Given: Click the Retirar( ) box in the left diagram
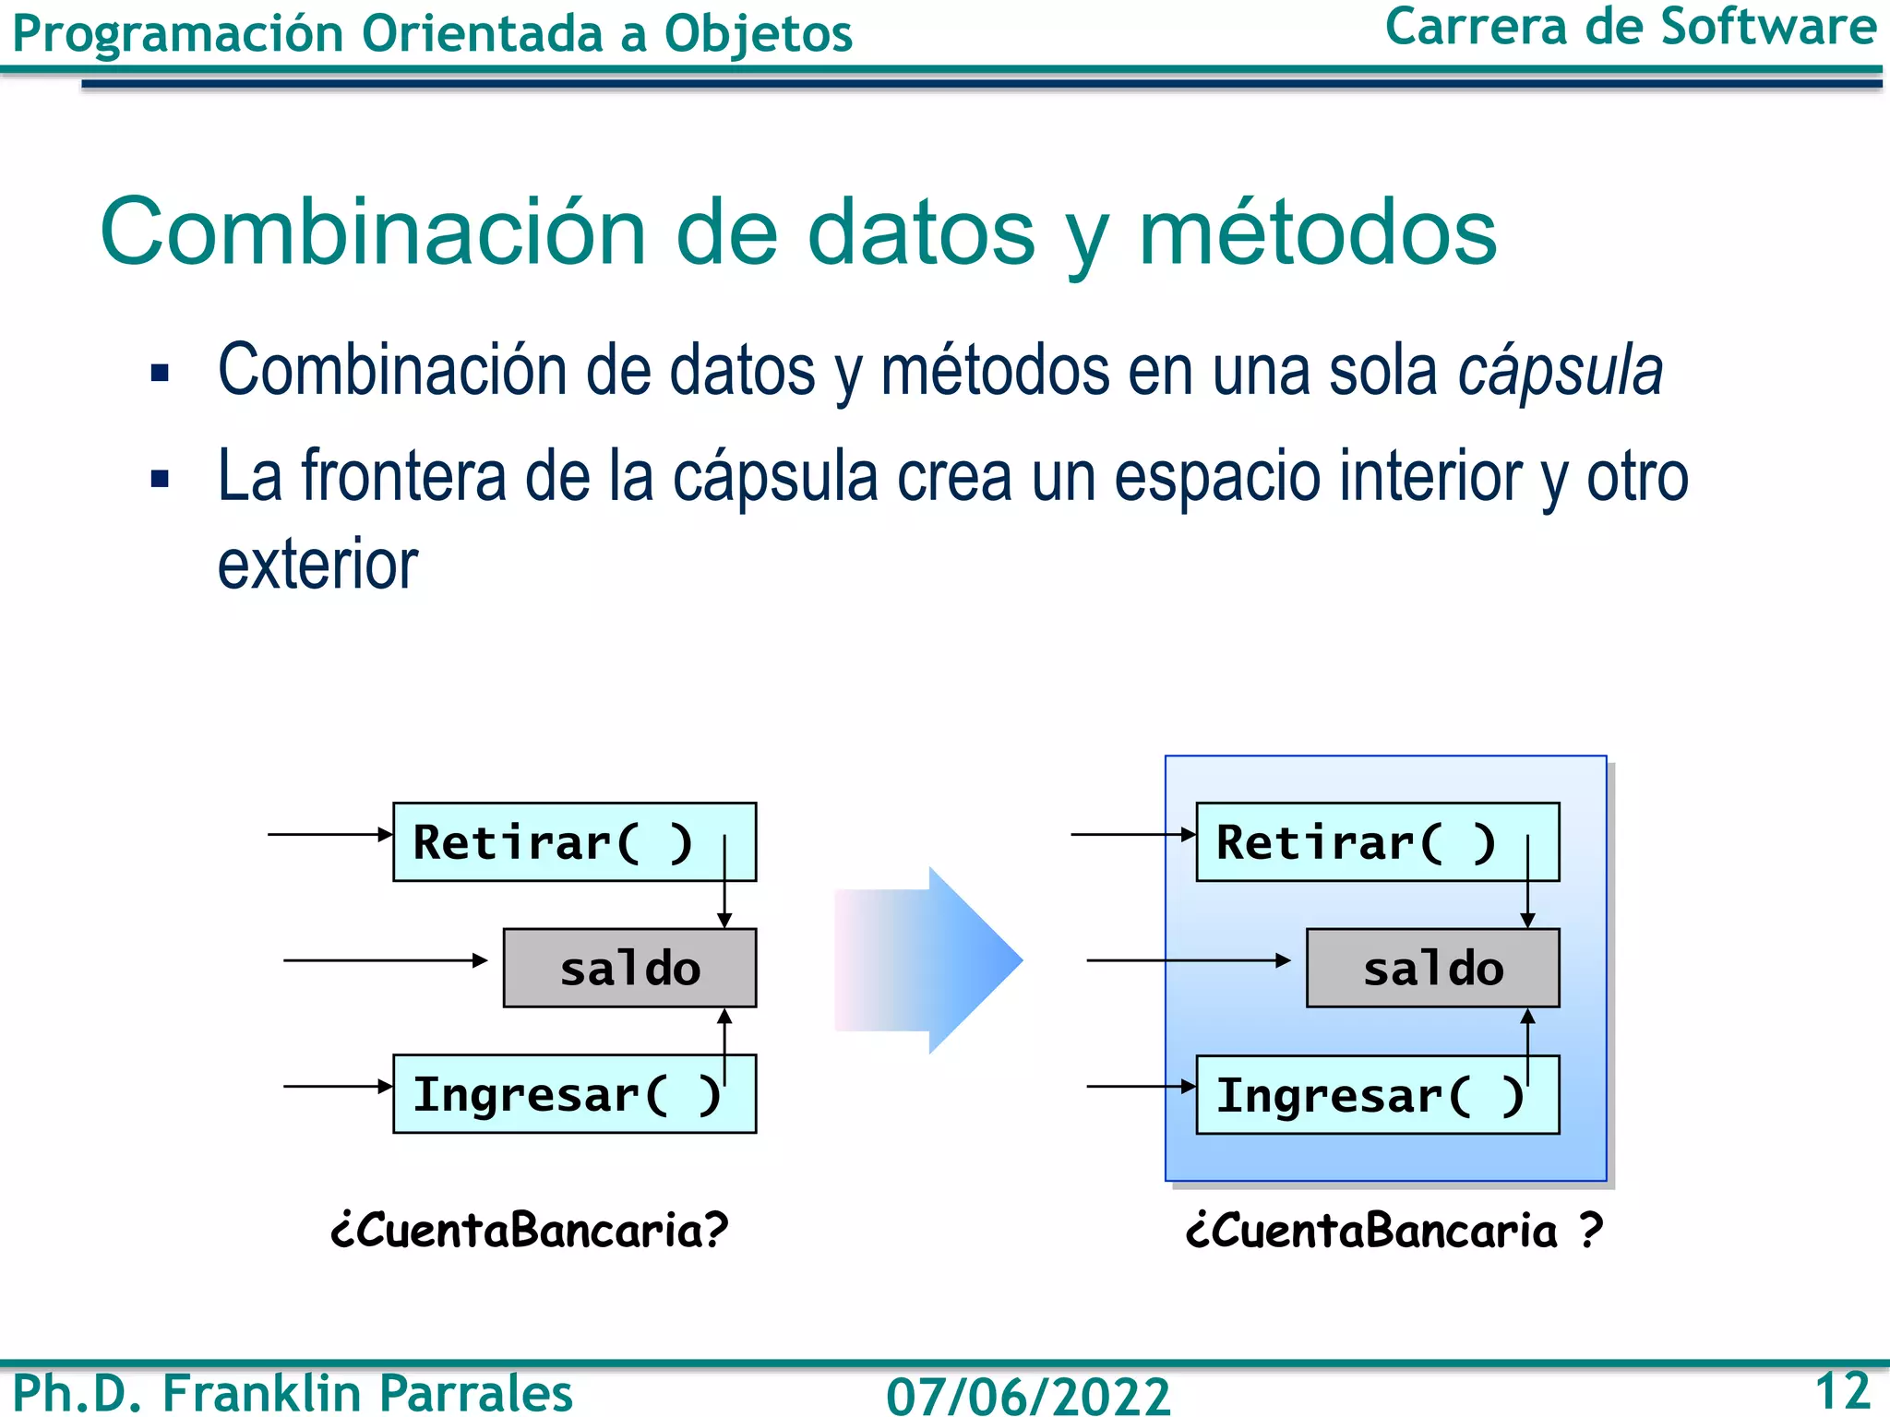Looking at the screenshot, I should tap(574, 841).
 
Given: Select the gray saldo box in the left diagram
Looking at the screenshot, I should tap(629, 968).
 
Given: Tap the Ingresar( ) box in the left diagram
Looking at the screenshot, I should tap(574, 1094).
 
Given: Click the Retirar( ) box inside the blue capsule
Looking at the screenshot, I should tap(1377, 841).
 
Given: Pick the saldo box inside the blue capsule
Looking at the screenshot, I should tap(1432, 968).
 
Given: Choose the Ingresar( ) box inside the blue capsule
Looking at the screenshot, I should tap(1377, 1094).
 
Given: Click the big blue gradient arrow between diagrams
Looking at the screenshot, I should tap(932, 960).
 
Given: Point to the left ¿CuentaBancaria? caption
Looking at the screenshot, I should tap(530, 1230).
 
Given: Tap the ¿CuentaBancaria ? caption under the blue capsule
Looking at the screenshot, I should tap(1394, 1230).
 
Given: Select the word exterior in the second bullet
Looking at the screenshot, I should tap(317, 565).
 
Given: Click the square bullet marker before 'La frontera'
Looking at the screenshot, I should tap(161, 479).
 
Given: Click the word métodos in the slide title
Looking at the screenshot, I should tap(1317, 232).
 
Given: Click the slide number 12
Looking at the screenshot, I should tap(1841, 1390).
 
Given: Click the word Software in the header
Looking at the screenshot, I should tap(1768, 27).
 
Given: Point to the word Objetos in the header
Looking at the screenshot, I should tap(758, 34).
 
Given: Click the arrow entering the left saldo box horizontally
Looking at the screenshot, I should tap(388, 960).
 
